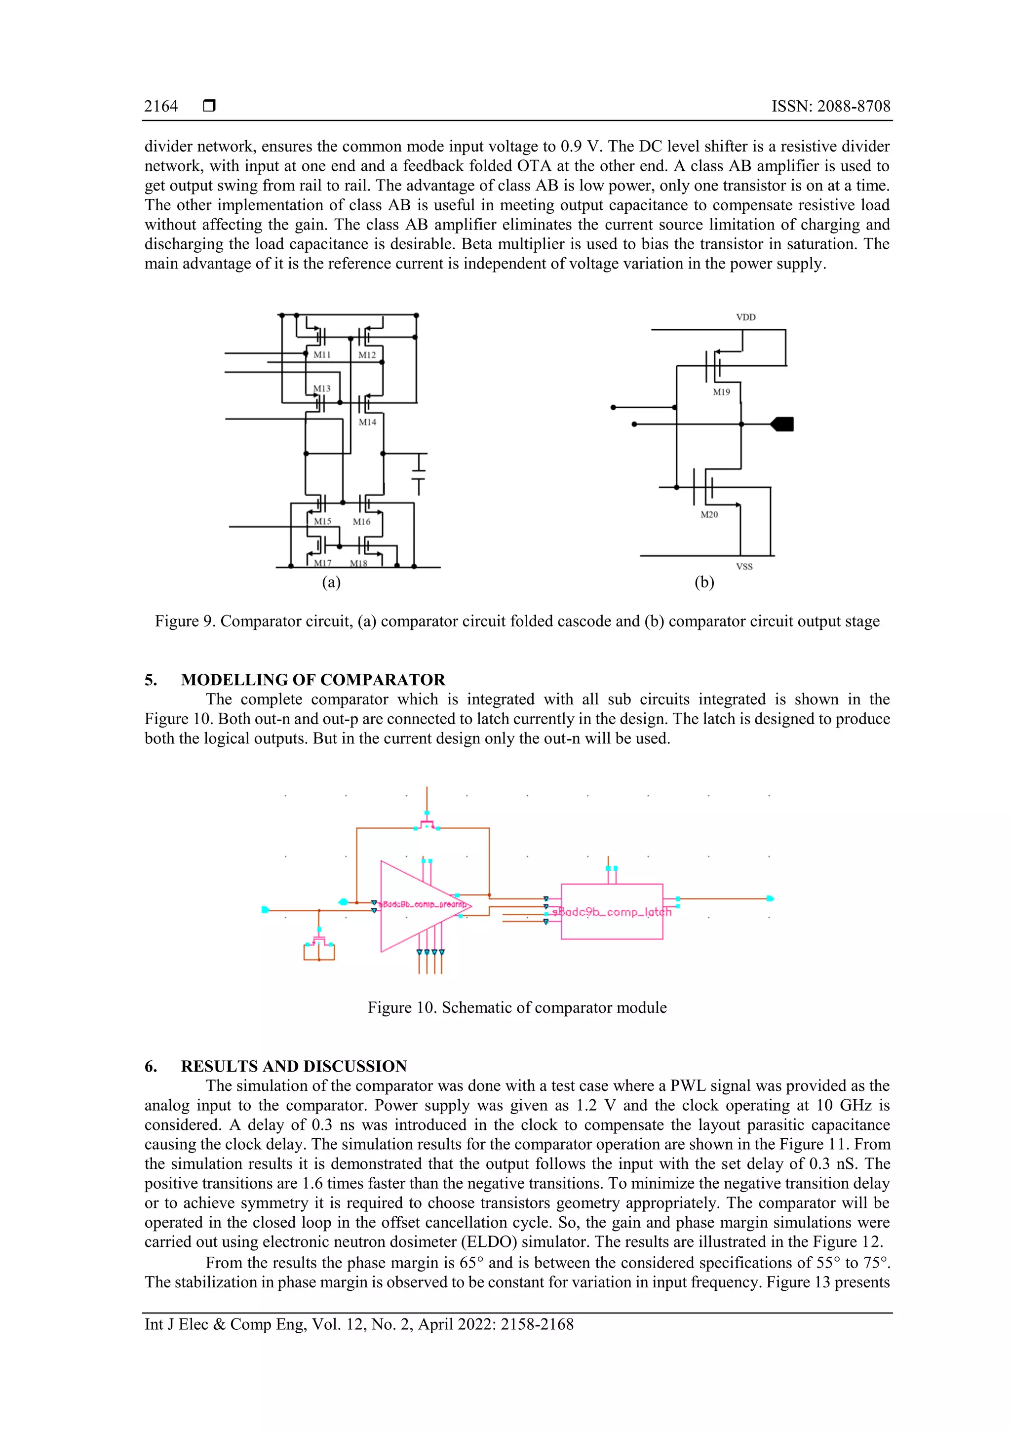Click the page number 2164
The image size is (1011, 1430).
click(x=161, y=107)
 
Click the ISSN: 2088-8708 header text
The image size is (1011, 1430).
click(x=830, y=107)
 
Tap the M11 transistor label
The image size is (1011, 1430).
click(x=322, y=355)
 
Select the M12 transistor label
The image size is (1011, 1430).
click(x=367, y=355)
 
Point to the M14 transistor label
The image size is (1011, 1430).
click(x=367, y=422)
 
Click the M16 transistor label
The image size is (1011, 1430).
click(x=361, y=522)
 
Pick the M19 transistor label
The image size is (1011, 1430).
click(x=721, y=392)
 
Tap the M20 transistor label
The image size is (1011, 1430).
click(x=709, y=515)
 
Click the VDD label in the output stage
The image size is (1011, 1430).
click(x=745, y=317)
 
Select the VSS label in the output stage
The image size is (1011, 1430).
click(x=744, y=567)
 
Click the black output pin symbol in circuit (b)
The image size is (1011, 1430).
click(x=782, y=424)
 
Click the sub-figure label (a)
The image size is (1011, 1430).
click(x=331, y=582)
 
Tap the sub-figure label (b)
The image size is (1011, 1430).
click(x=704, y=582)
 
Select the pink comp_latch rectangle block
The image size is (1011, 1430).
click(x=611, y=912)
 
